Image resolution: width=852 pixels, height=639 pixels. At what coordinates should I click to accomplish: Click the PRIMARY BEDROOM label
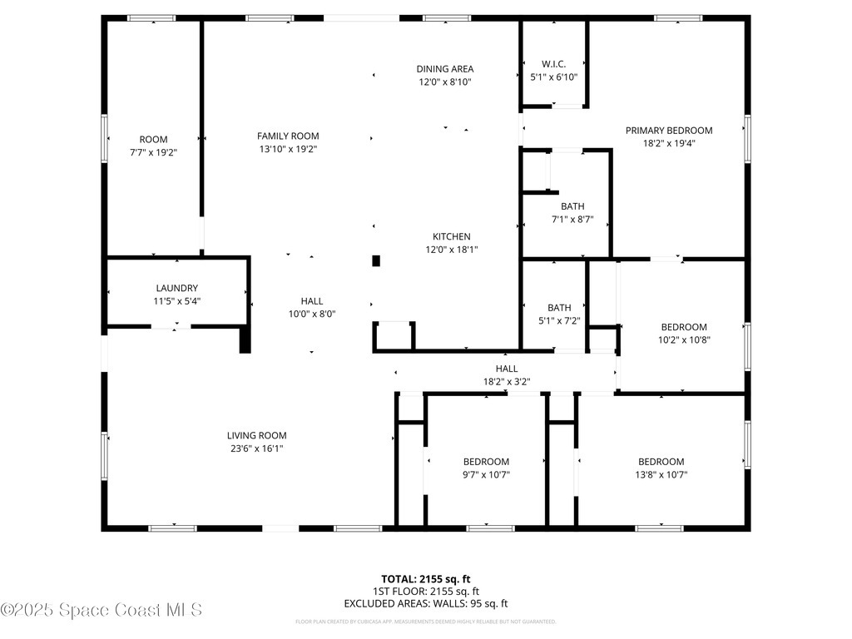pyautogui.click(x=669, y=130)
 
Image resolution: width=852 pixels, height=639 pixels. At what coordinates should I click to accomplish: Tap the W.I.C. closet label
pyautogui.click(x=553, y=63)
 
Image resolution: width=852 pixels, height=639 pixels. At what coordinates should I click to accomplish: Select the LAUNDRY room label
pyautogui.click(x=176, y=288)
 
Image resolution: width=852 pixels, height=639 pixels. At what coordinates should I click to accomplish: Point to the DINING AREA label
pyautogui.click(x=445, y=69)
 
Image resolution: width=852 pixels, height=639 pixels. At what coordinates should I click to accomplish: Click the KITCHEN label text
pyautogui.click(x=451, y=236)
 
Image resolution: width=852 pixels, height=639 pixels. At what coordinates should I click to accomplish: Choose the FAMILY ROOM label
pyautogui.click(x=288, y=136)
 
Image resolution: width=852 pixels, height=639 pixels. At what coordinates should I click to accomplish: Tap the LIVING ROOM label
pyautogui.click(x=256, y=435)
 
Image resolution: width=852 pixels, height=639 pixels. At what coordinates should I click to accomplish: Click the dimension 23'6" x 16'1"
pyautogui.click(x=256, y=448)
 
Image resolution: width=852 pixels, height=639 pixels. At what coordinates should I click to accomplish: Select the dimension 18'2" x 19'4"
pyautogui.click(x=669, y=143)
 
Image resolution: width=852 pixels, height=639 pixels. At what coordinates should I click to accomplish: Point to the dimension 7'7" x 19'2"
pyautogui.click(x=153, y=152)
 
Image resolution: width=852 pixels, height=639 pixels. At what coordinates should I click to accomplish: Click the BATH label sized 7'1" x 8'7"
pyautogui.click(x=572, y=206)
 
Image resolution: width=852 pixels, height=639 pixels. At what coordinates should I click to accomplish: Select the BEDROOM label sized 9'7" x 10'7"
pyautogui.click(x=486, y=462)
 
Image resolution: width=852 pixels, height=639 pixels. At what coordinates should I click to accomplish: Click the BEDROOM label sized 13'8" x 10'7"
pyautogui.click(x=661, y=462)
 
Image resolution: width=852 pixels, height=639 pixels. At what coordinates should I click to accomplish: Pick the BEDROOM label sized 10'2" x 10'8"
pyautogui.click(x=684, y=327)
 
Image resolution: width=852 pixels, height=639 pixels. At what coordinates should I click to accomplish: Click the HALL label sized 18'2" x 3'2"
pyautogui.click(x=506, y=369)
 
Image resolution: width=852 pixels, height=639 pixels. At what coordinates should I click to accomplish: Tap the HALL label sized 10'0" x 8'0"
pyautogui.click(x=312, y=301)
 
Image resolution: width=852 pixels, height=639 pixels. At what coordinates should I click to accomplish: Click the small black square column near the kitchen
pyautogui.click(x=376, y=260)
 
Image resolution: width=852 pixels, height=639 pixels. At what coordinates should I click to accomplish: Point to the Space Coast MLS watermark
pyautogui.click(x=102, y=610)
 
